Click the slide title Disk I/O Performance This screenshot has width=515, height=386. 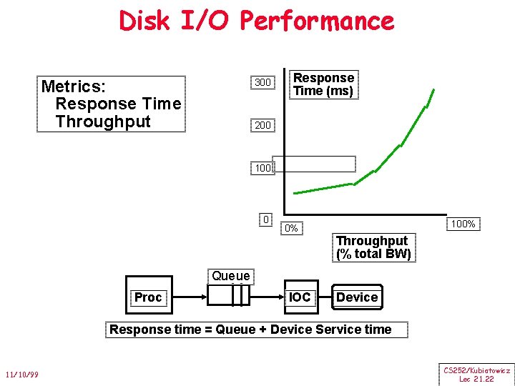point(257,21)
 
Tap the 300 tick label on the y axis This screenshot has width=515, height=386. point(263,82)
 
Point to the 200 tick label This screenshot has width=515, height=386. point(263,125)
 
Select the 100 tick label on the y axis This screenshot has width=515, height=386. point(262,169)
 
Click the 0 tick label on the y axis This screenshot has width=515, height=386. point(265,219)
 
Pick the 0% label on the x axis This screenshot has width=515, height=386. point(290,229)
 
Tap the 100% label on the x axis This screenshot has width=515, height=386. point(462,224)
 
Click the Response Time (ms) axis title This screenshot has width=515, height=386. point(323,84)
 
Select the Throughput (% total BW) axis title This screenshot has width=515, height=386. point(372,247)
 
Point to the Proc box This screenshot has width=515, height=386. point(148,297)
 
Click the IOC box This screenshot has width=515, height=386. point(300,297)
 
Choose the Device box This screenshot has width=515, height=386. point(356,297)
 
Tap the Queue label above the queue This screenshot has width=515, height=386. point(230,276)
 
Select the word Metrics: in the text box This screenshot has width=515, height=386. point(74,86)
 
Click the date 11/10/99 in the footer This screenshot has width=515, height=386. point(22,375)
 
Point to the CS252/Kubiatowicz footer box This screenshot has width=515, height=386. point(476,375)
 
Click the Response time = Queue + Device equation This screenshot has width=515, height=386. point(250,330)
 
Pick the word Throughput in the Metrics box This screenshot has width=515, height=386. point(103,122)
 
